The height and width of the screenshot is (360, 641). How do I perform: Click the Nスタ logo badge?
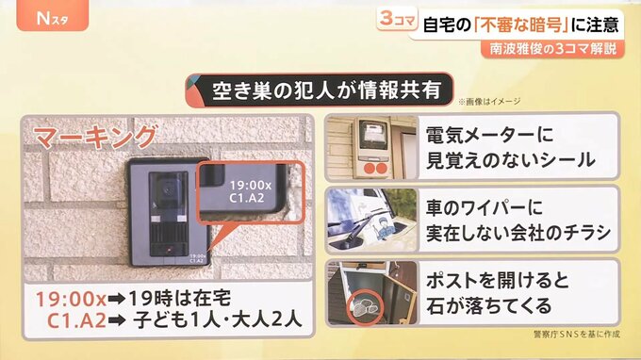[53, 15]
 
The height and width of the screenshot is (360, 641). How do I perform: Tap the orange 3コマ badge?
[397, 19]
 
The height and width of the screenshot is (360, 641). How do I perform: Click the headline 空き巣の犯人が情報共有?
[326, 90]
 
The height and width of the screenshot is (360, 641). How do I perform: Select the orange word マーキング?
[95, 137]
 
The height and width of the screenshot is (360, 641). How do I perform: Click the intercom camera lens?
[167, 189]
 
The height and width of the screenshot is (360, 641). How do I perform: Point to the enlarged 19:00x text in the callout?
[250, 186]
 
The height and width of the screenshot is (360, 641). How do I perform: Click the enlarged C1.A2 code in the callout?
[247, 198]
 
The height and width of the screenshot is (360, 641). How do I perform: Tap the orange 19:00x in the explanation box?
[71, 299]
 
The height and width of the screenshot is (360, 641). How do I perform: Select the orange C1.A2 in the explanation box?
[77, 320]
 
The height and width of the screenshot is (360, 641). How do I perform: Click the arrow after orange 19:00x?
[117, 299]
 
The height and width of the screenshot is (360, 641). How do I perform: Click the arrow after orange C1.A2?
[117, 320]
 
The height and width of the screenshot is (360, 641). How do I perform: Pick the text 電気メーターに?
[489, 135]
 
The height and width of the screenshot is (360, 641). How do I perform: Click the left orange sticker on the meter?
[370, 168]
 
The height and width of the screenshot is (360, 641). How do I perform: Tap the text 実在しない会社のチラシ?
[518, 233]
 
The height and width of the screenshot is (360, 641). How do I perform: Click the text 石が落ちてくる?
[489, 305]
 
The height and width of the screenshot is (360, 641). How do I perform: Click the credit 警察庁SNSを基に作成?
[576, 335]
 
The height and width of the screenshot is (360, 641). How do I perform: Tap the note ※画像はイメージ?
[489, 102]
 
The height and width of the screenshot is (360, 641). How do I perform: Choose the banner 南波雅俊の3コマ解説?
[552, 49]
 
